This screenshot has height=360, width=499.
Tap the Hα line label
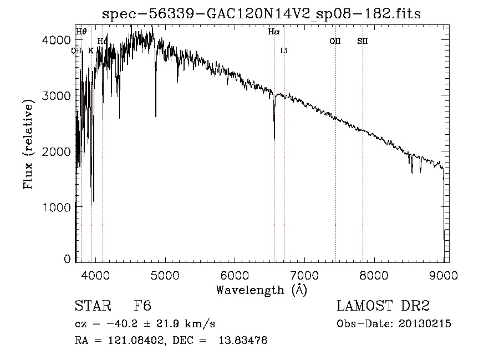point(274,32)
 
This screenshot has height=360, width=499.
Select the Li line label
point(284,50)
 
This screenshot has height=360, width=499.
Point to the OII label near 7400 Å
point(335,41)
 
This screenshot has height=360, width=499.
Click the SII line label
point(362,41)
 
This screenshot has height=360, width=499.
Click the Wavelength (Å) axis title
point(261,290)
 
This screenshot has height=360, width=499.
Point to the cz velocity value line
point(145,324)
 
